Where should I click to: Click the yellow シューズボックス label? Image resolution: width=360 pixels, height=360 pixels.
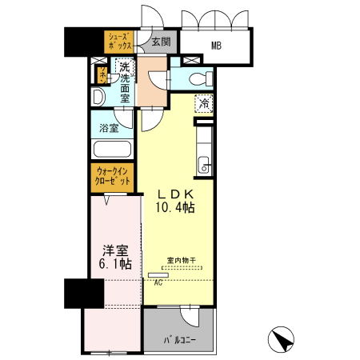[122, 41]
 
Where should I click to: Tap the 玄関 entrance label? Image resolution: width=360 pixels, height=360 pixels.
[160, 42]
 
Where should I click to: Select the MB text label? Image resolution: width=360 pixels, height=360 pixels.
[216, 45]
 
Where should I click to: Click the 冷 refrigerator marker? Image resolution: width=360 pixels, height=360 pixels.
[204, 103]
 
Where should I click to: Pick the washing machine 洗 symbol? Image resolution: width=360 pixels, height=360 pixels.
[125, 70]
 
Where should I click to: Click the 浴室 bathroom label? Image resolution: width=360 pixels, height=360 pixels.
[109, 128]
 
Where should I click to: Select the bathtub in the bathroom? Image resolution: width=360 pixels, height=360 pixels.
[113, 150]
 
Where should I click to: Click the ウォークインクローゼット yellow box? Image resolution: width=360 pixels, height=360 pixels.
[113, 176]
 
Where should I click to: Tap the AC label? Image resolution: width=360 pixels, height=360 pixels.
[158, 282]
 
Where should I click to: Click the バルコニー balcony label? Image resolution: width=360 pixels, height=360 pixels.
[180, 339]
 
